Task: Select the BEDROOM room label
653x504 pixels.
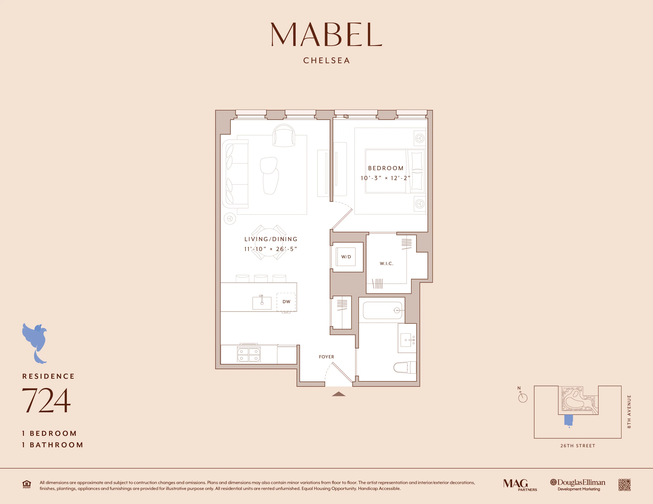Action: tap(386, 168)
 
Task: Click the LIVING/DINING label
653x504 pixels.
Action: tap(271, 239)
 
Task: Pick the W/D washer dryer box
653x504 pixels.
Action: tap(346, 257)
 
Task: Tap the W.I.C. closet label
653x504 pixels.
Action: tap(386, 263)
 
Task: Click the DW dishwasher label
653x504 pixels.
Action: tap(286, 302)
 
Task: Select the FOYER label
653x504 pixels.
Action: tap(326, 357)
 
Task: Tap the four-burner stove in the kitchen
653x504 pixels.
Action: tap(249, 354)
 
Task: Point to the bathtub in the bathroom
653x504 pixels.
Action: tap(382, 311)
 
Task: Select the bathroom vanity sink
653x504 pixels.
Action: tap(407, 340)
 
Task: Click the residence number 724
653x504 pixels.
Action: tap(46, 400)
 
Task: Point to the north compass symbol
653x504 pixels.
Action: tap(522, 397)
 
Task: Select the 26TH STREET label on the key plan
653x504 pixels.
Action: tap(577, 446)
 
